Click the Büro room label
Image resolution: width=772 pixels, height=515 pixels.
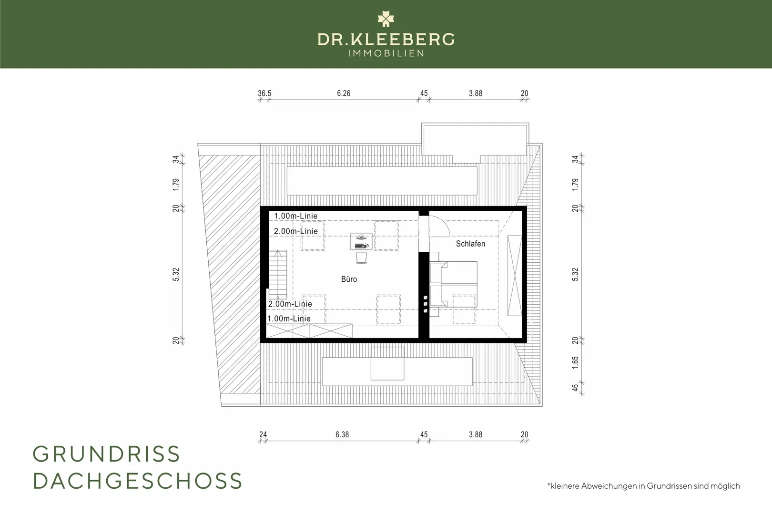tap(349, 279)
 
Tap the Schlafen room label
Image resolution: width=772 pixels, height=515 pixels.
tap(470, 244)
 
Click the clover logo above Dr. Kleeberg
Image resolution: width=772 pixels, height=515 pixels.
tap(386, 19)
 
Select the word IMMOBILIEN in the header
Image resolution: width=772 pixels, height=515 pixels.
tap(386, 53)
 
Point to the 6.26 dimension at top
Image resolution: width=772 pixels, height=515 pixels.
tap(344, 93)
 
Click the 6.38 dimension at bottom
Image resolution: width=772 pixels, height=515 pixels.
tap(342, 434)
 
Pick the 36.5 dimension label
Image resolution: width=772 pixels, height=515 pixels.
tap(264, 93)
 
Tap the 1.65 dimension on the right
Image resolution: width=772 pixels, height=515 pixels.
tap(575, 362)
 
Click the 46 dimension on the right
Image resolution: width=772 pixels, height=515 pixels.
tap(575, 388)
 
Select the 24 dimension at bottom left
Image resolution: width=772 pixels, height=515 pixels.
tap(263, 434)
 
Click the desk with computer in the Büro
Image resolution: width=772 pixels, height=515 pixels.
tap(361, 241)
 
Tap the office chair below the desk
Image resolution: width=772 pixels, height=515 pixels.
tap(361, 258)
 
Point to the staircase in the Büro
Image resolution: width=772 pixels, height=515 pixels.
tap(278, 275)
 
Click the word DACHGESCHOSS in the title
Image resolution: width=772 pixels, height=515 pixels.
tap(138, 481)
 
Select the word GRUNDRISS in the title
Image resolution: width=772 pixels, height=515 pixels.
tap(106, 454)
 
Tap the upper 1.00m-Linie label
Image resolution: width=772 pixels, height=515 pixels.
tap(296, 216)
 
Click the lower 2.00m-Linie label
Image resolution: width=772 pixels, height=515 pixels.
tap(290, 304)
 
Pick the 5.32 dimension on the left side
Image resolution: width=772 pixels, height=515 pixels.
tap(176, 275)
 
